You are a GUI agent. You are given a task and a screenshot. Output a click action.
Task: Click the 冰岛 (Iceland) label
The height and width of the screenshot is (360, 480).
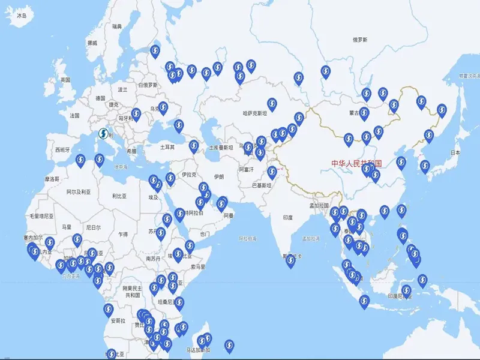click(x=22, y=16)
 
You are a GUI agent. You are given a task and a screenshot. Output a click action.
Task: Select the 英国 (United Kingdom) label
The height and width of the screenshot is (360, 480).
click(x=65, y=80)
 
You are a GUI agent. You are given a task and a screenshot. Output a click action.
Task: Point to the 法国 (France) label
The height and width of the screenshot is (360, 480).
click(x=74, y=115)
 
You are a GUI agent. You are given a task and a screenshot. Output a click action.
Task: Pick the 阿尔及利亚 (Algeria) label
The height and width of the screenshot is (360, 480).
click(x=79, y=192)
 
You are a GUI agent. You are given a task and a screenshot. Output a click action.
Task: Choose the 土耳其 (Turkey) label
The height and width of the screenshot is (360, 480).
click(x=167, y=147)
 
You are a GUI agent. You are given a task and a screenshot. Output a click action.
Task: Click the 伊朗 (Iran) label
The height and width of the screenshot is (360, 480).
click(x=218, y=176)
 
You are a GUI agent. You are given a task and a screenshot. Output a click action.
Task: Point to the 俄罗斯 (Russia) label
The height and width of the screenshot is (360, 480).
click(x=360, y=40)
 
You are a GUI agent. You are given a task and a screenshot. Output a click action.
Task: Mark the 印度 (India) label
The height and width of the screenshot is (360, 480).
click(x=288, y=218)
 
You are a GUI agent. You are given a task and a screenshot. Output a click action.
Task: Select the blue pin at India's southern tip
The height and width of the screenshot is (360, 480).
click(x=290, y=260)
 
